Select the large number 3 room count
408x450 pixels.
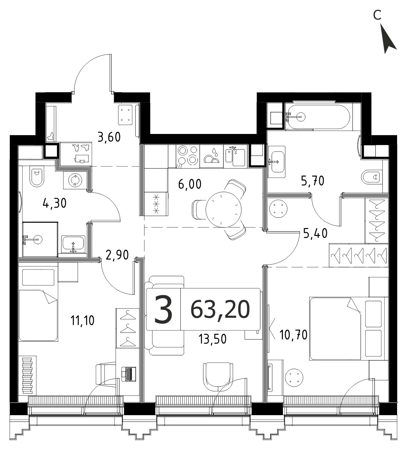(163, 310)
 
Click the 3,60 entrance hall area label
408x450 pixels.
(109, 137)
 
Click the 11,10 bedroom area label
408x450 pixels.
(83, 320)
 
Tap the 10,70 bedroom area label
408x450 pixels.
(293, 335)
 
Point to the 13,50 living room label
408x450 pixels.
(212, 339)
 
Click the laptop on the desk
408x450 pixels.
(129, 374)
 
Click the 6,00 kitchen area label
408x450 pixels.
(190, 184)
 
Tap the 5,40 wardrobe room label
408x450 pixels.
(315, 233)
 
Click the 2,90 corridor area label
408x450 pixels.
(117, 255)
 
